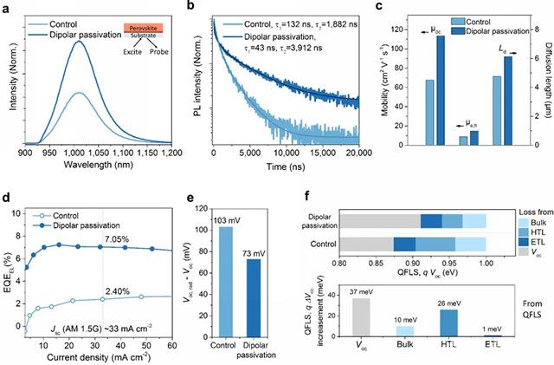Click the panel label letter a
(x=7, y=7)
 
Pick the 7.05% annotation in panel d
(x=116, y=237)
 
